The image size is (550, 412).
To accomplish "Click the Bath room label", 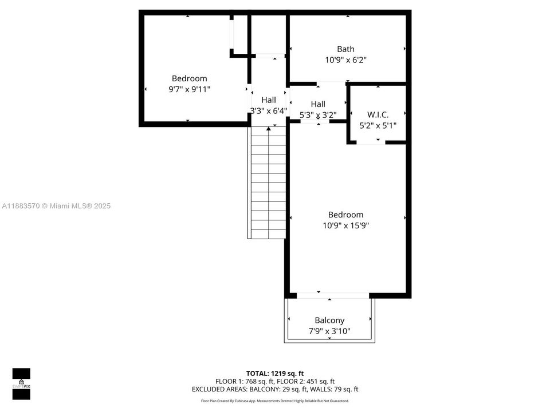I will point(345,49).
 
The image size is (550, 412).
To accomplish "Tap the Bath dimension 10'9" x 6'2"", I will point(345,60).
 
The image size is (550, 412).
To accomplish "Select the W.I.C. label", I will point(378,114).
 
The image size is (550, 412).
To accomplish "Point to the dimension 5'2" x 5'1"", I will point(378,125).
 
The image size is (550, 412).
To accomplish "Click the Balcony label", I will point(329,320).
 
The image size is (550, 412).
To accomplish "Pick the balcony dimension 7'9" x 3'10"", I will point(329,331).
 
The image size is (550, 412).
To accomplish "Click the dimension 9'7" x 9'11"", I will point(190,89).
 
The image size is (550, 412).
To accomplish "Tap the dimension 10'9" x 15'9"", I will point(345,225).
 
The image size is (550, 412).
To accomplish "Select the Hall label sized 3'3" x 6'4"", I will point(268,100).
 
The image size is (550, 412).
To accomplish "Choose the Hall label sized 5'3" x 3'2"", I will point(318,104).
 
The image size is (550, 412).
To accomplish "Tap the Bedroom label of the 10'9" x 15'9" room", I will point(345,215).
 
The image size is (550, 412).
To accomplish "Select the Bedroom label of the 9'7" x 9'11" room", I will point(190,78).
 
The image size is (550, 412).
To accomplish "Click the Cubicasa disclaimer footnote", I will point(275,401).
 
